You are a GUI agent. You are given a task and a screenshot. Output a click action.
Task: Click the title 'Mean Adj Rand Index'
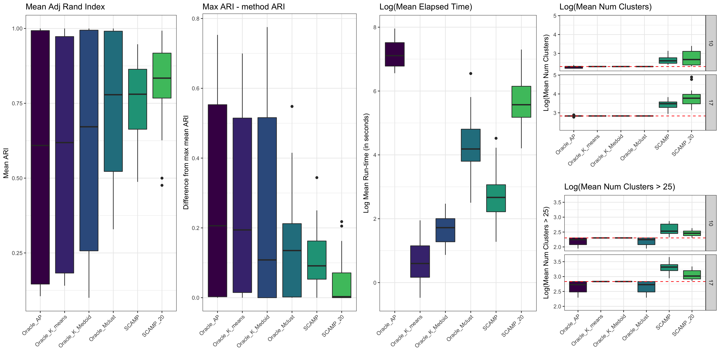pyautogui.click(x=65, y=7)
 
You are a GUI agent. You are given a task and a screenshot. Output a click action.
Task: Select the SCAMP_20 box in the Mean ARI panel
pyautogui.click(x=162, y=75)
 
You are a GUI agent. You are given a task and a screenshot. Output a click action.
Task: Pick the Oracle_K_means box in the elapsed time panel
pyautogui.click(x=420, y=261)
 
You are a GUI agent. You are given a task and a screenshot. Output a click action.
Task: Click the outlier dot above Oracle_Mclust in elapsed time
pyautogui.click(x=471, y=73)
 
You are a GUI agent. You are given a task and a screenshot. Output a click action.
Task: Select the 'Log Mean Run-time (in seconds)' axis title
pyautogui.click(x=366, y=163)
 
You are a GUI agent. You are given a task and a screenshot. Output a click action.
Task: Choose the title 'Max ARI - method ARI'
pyautogui.click(x=243, y=7)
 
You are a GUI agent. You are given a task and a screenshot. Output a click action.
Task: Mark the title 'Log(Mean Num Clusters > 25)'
pyautogui.click(x=619, y=187)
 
